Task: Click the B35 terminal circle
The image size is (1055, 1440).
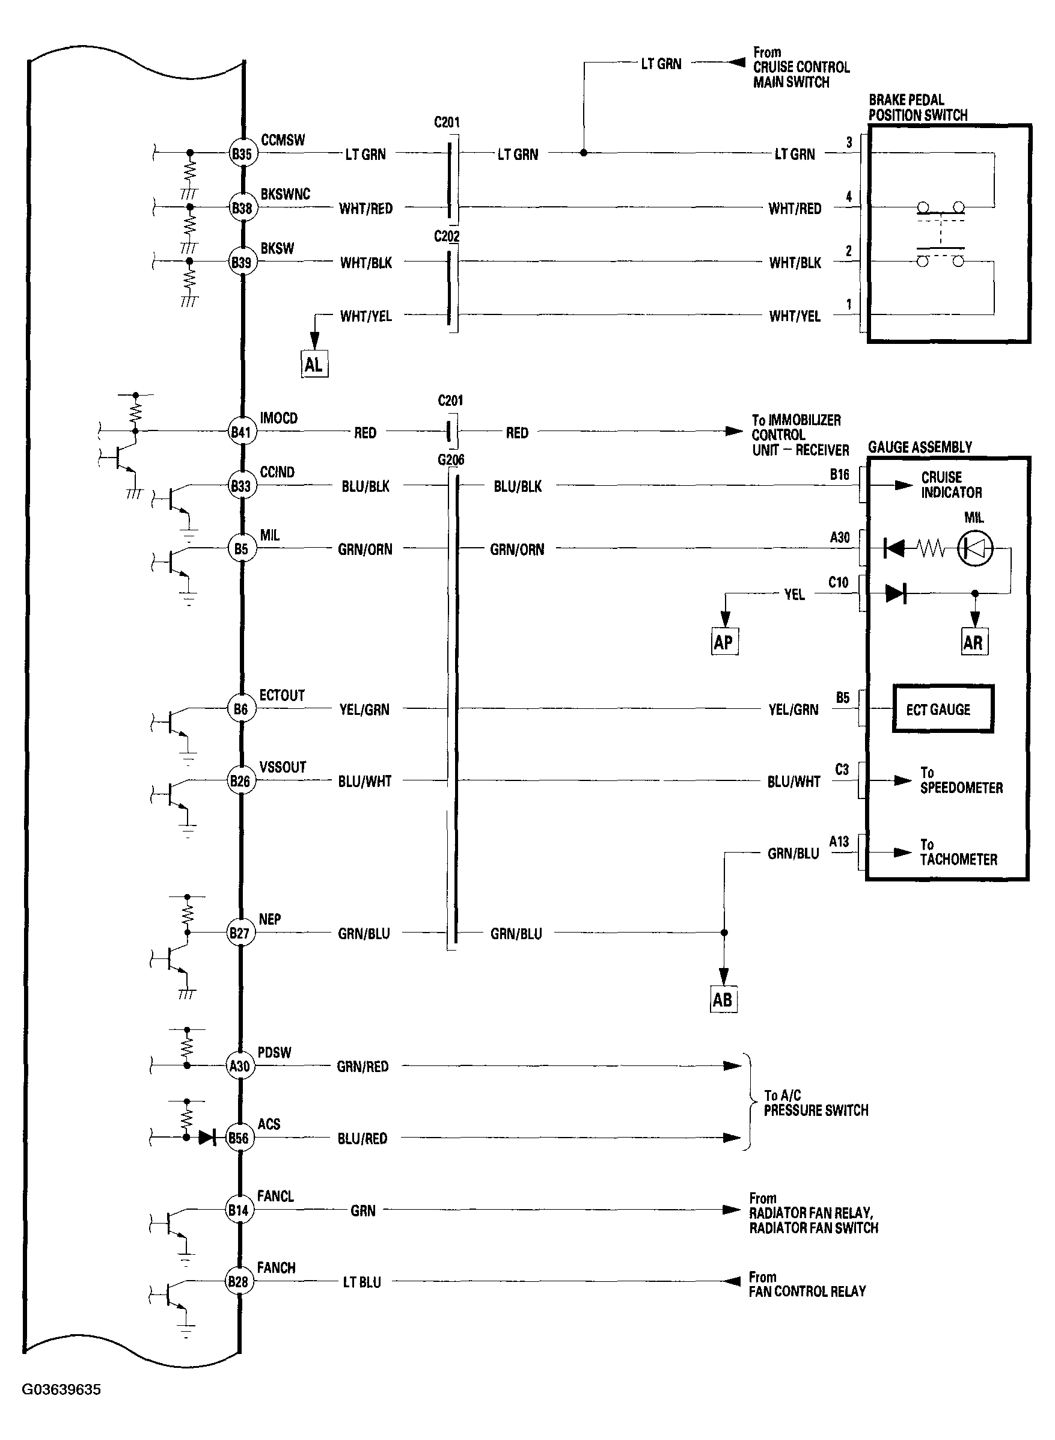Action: coord(242,153)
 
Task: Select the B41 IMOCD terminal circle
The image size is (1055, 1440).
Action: coord(241,432)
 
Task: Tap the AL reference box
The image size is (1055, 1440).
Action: coord(314,364)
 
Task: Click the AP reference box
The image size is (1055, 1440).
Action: coord(724,642)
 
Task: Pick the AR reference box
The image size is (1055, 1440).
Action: coord(973,642)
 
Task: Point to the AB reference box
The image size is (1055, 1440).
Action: coord(723,999)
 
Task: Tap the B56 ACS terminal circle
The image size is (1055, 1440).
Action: coord(238,1138)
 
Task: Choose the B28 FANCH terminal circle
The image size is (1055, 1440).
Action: coord(237,1282)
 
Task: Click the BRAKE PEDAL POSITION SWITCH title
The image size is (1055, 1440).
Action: coord(917,107)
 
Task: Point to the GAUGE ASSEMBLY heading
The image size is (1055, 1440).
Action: coord(920,447)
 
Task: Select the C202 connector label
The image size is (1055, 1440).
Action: coord(447,236)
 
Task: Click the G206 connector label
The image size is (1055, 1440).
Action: coord(451,460)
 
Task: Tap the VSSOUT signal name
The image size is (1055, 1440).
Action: coord(283,767)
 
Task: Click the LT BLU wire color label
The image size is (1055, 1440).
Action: coord(361,1282)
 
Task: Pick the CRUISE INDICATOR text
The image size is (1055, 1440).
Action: coord(951,485)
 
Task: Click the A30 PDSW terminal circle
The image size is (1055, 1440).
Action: coord(239,1066)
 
